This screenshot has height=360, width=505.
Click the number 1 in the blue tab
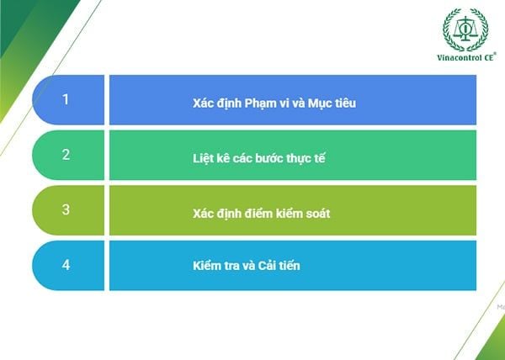pos(66,99)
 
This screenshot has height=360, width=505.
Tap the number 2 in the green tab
pos(66,155)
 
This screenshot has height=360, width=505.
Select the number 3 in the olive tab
pos(66,210)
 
